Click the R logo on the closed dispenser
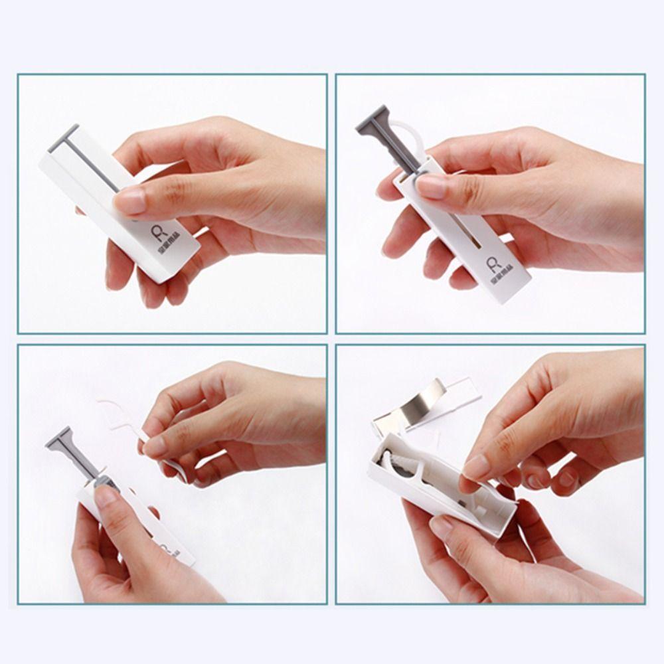[153, 232]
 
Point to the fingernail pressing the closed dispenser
[131, 200]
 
